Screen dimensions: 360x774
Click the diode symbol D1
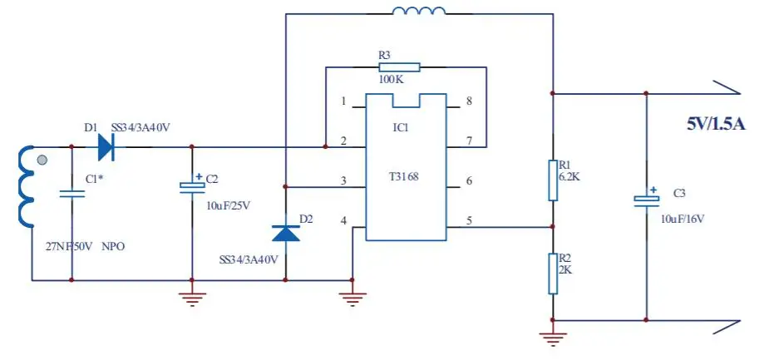point(106,147)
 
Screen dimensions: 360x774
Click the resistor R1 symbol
point(552,180)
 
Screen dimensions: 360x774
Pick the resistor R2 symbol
point(552,274)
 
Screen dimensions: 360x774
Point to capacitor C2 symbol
point(192,186)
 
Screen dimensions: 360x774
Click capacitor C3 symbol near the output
point(646,200)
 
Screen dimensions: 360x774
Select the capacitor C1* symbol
point(72,193)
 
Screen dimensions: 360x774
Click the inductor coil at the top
point(418,12)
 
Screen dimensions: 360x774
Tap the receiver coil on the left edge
point(24,187)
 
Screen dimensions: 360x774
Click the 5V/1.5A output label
point(716,124)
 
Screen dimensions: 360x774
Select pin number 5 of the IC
point(469,221)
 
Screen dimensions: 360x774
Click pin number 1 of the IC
point(343,101)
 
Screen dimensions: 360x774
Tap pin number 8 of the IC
point(469,101)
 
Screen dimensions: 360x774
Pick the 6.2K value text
point(570,176)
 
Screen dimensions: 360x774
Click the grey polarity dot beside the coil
point(42,160)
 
